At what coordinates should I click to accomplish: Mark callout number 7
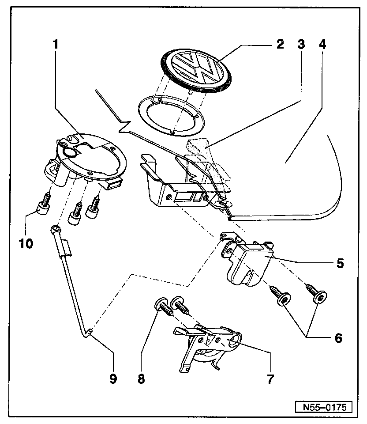click(x=270, y=378)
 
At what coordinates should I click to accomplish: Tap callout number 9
click(x=113, y=378)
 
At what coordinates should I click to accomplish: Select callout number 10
click(x=26, y=243)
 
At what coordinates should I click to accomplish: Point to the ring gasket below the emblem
click(x=172, y=115)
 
